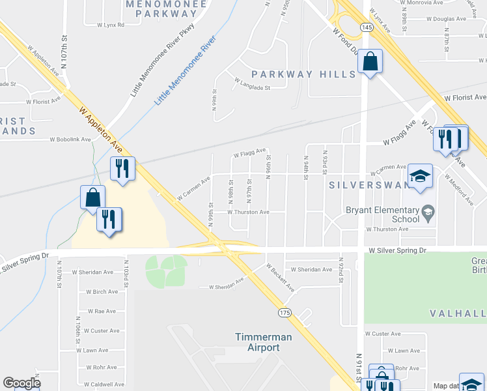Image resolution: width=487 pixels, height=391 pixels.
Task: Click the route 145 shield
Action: click(x=367, y=27)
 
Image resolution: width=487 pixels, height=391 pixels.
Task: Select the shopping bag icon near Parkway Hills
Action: click(x=370, y=62)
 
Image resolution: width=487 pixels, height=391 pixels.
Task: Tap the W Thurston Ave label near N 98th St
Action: click(x=247, y=212)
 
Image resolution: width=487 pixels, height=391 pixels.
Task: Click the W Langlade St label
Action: click(x=252, y=81)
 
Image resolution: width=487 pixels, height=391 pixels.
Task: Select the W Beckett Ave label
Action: click(x=280, y=278)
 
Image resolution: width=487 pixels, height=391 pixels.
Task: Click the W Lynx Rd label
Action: click(x=110, y=25)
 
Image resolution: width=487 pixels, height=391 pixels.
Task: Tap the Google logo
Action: click(x=21, y=383)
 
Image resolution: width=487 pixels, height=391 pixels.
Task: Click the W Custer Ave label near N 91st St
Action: click(x=383, y=333)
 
